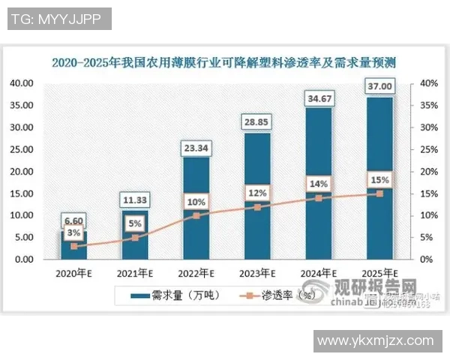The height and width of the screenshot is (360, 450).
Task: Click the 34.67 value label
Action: coord(318,97)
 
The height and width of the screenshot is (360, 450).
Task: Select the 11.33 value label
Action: coord(136,199)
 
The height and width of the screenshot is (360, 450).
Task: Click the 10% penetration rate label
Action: coord(196,201)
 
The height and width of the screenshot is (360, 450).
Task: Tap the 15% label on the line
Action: coord(379,180)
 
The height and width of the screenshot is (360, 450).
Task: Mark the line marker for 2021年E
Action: coord(136,238)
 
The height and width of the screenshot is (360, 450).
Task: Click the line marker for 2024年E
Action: coord(318,198)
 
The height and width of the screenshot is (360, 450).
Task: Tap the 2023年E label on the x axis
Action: coord(257,273)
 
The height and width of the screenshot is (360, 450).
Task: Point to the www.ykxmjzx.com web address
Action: coord(375,341)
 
